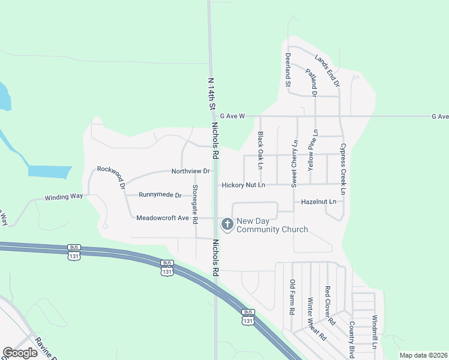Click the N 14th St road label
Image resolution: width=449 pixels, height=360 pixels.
(211, 94)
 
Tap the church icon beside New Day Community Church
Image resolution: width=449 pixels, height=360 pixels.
(227, 224)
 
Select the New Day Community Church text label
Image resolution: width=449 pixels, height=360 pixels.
(272, 225)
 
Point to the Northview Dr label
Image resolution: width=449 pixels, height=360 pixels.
(190, 171)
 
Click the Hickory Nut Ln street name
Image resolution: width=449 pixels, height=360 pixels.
(243, 185)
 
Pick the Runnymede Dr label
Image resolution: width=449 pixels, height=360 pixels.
(160, 195)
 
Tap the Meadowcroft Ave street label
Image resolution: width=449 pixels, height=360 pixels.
(163, 218)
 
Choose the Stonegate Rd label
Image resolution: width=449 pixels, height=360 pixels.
(194, 205)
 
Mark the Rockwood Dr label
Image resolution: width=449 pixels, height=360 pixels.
(111, 176)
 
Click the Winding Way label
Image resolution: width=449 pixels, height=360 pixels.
(64, 197)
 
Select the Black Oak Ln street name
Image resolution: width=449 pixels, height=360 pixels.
(261, 150)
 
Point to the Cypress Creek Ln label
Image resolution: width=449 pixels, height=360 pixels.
(343, 169)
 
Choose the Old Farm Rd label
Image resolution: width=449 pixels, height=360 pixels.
(292, 298)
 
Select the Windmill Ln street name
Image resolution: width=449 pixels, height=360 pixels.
(374, 333)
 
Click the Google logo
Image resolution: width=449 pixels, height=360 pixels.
(20, 353)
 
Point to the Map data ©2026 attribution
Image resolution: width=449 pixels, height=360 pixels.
(423, 355)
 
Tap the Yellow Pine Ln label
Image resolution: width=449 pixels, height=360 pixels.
(312, 152)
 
